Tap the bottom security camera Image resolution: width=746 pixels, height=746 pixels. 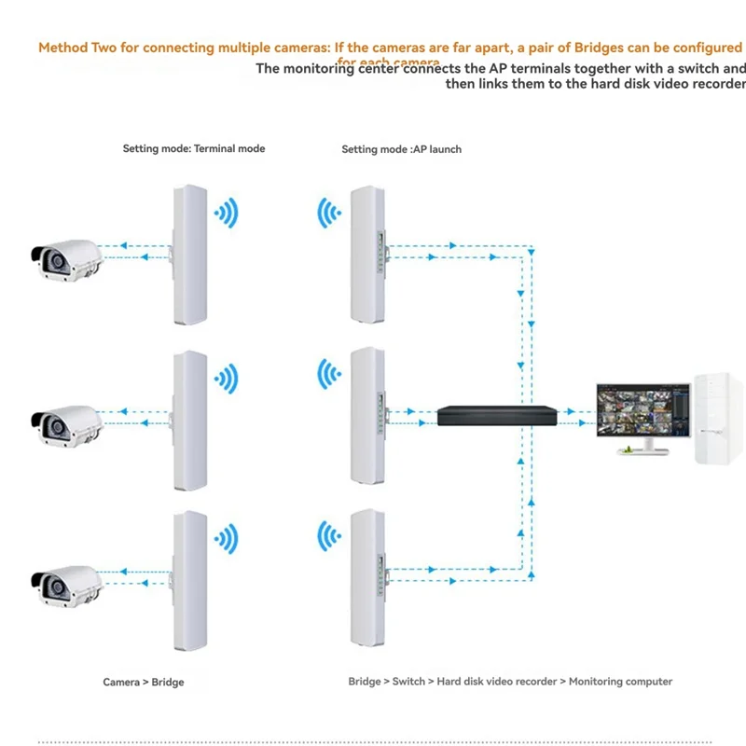coord(65,583)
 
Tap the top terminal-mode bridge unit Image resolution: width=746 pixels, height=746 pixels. coord(187,254)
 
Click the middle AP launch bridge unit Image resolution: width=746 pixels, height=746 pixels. coord(367,417)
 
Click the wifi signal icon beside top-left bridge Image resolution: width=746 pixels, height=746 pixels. coord(226,215)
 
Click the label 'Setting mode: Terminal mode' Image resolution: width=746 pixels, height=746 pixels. coord(194,148)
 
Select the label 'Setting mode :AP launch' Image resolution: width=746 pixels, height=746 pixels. coord(401,149)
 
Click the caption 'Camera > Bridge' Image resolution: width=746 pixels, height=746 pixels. coord(144,682)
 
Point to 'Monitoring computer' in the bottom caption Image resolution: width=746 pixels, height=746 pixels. coord(620,682)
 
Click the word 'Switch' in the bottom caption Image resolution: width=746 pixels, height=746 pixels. coord(408,682)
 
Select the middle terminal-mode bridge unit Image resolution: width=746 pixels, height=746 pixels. coord(187,421)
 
